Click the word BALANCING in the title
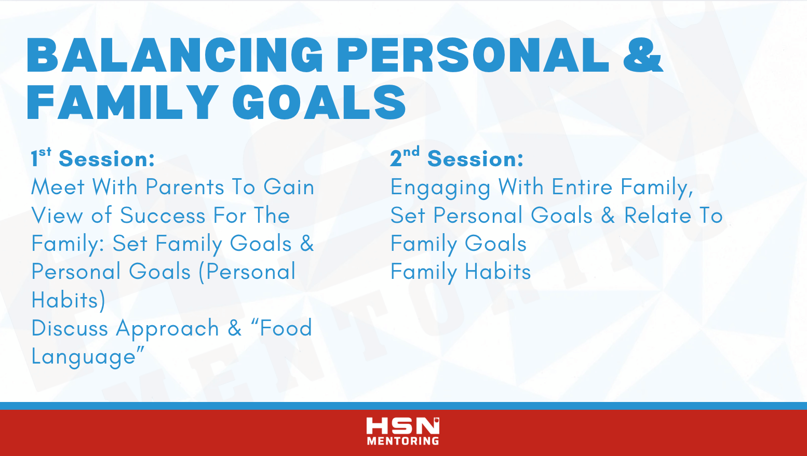click(x=174, y=55)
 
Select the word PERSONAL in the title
click(x=473, y=55)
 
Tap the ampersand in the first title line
click(x=643, y=55)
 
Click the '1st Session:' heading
click(x=93, y=158)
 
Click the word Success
click(x=163, y=216)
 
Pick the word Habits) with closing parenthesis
click(x=69, y=300)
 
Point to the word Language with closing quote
click(x=88, y=357)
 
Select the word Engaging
click(x=440, y=188)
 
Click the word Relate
click(x=658, y=216)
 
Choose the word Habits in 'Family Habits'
click(x=498, y=271)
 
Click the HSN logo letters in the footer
click(x=403, y=426)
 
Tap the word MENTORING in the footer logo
click(x=403, y=441)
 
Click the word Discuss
click(x=70, y=328)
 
